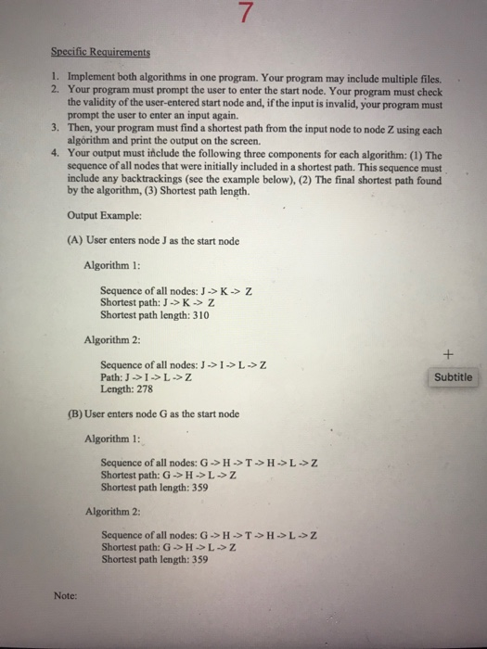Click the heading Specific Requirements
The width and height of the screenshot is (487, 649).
click(103, 53)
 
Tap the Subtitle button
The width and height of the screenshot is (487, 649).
click(453, 377)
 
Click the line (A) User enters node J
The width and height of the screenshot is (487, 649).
click(154, 241)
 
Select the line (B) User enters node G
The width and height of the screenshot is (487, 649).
click(154, 414)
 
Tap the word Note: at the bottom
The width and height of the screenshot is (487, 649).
click(66, 598)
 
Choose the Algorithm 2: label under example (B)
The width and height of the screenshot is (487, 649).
click(111, 511)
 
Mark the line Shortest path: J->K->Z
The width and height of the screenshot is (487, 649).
click(158, 302)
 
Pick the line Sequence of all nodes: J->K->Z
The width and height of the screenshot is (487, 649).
click(177, 290)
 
